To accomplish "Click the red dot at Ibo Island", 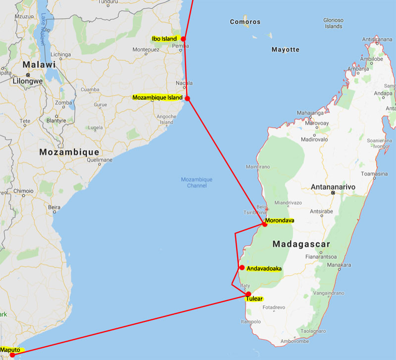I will click(x=183, y=39).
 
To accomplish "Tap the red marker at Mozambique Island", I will click(x=187, y=98).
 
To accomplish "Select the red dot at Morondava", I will click(x=265, y=224).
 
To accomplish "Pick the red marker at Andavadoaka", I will click(x=242, y=268).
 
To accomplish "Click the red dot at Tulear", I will click(x=248, y=294).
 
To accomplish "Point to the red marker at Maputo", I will click(x=12, y=355).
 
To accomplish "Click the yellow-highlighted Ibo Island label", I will click(x=165, y=39).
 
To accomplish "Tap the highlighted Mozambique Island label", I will click(x=157, y=98).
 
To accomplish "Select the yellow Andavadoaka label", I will click(x=264, y=268).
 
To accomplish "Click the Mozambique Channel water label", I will click(x=197, y=182).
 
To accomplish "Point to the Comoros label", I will click(x=245, y=22).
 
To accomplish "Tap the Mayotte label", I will click(x=286, y=50).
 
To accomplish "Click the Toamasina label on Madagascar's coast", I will click(x=375, y=174).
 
